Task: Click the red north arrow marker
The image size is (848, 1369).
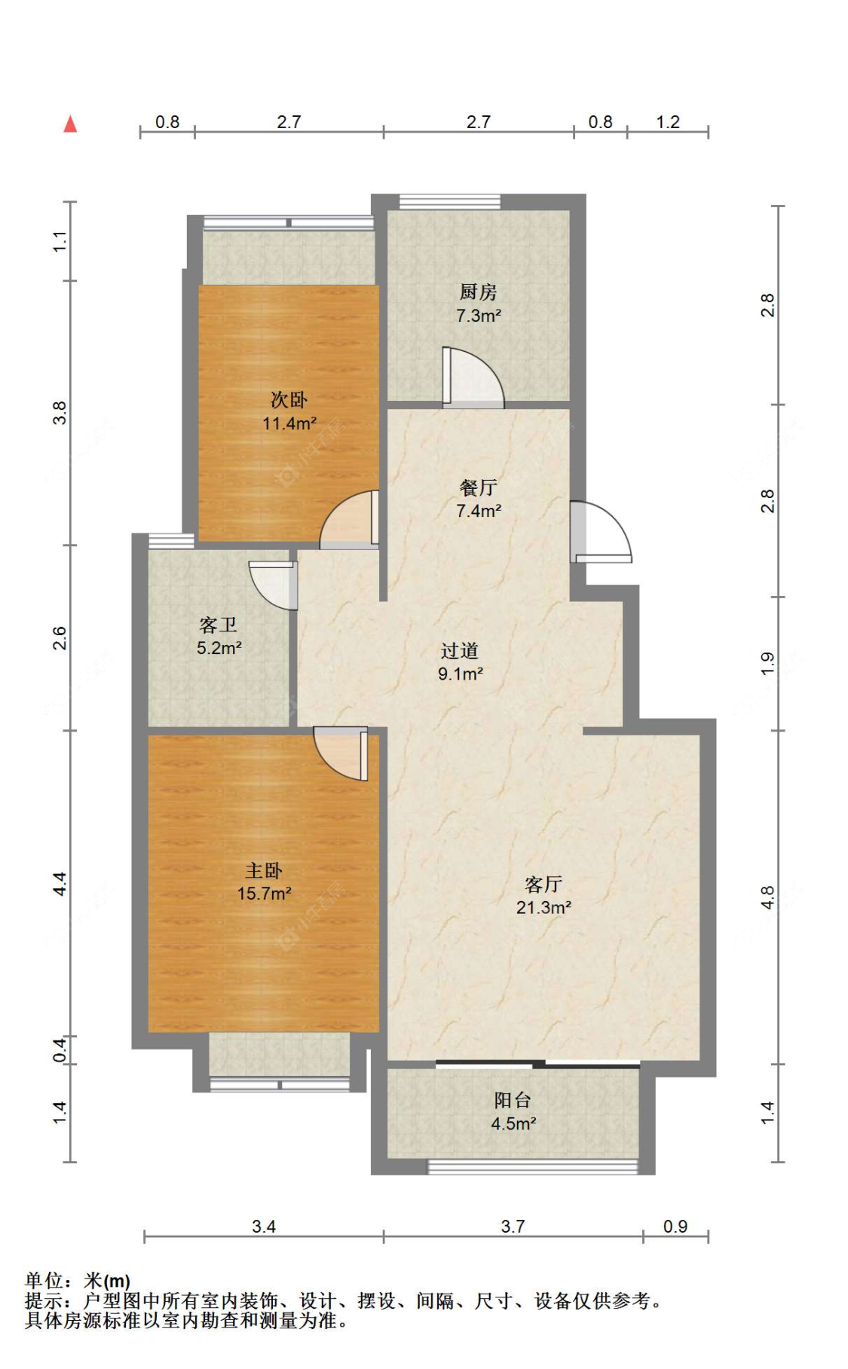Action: pos(70,124)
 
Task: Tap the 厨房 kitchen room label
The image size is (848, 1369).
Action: pos(479,292)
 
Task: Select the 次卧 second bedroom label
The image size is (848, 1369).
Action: pos(289,399)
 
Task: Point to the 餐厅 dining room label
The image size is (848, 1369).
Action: pos(479,487)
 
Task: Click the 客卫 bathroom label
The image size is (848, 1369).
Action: pos(219,625)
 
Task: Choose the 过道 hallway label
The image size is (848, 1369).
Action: pos(460,650)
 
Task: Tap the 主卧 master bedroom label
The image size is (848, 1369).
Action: pos(264,870)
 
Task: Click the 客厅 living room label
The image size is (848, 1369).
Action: pos(543,884)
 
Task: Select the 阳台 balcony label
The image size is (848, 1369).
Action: pos(513,1100)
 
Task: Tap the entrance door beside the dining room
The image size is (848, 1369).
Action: pos(601,532)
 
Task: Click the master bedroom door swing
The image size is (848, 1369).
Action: pos(341,753)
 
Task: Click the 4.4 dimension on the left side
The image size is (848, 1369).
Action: pos(60,883)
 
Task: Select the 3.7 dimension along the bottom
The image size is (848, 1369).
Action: pos(513,1227)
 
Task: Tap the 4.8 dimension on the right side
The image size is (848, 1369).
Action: pos(767,897)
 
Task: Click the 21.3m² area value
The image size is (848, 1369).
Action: pos(543,907)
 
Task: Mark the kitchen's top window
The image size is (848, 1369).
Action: pos(449,201)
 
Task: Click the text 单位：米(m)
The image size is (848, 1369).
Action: pos(78,1280)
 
